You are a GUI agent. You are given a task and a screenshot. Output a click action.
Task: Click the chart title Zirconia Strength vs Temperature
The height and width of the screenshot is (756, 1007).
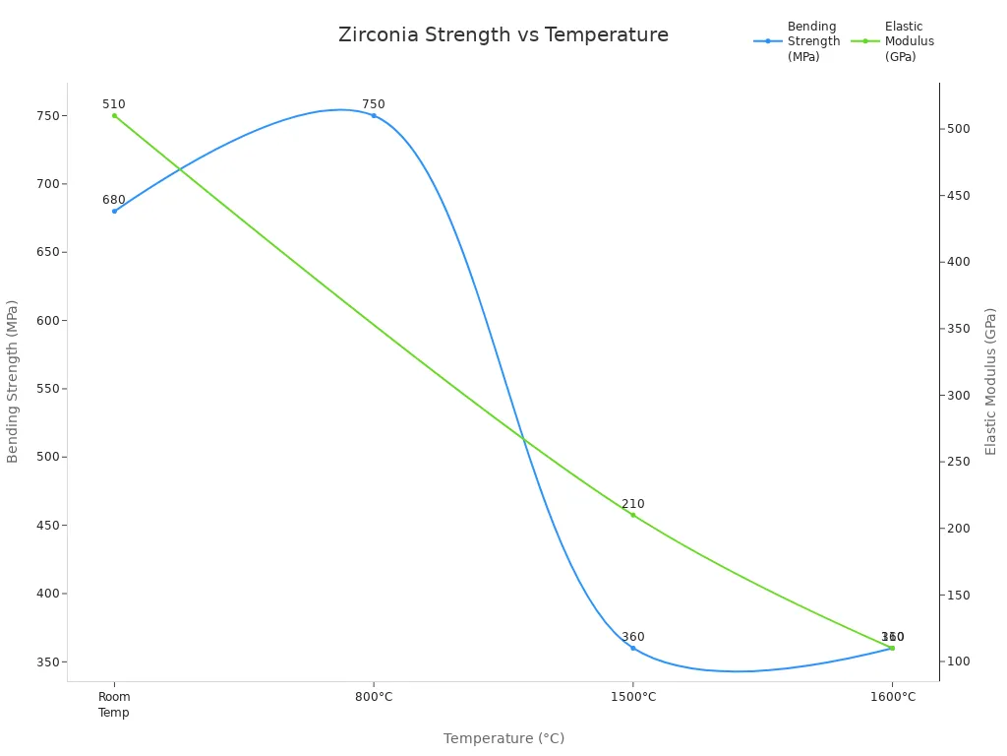click(x=503, y=35)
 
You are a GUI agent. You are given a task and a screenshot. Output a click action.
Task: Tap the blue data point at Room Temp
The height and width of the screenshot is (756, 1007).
click(x=114, y=211)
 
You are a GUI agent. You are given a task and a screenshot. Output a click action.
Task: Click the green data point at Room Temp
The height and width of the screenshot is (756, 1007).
click(x=114, y=115)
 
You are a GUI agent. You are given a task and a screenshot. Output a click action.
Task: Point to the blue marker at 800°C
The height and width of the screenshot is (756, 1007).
click(x=374, y=115)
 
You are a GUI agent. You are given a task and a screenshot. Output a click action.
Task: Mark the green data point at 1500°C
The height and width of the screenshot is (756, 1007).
click(x=632, y=515)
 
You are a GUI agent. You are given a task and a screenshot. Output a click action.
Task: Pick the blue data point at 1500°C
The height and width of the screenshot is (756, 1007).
click(x=632, y=648)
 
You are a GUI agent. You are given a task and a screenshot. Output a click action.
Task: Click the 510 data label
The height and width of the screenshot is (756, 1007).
click(x=114, y=104)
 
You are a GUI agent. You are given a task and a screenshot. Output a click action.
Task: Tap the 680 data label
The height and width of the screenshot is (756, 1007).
click(x=114, y=200)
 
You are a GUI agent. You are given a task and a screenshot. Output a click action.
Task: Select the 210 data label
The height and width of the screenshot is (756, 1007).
click(x=632, y=504)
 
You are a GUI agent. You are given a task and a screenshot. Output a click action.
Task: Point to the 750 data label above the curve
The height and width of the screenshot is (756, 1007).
click(x=374, y=104)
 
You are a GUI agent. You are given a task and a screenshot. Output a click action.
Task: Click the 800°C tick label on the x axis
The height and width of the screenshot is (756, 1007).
click(x=374, y=697)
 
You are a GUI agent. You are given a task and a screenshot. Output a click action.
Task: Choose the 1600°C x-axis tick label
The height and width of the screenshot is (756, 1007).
click(x=892, y=697)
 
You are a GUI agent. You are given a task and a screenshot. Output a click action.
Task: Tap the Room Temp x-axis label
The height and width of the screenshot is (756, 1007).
click(x=114, y=705)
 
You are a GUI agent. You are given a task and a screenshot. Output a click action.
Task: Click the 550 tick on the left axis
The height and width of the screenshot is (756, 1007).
click(x=47, y=389)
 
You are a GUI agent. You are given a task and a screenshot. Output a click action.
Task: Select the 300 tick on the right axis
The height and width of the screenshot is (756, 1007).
click(x=958, y=396)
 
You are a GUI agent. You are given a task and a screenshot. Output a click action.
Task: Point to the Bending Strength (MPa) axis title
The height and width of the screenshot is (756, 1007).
click(x=13, y=381)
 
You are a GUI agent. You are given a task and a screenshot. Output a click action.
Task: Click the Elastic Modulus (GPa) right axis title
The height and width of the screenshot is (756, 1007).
click(x=991, y=381)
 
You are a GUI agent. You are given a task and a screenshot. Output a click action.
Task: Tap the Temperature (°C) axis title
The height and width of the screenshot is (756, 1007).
click(x=503, y=738)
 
